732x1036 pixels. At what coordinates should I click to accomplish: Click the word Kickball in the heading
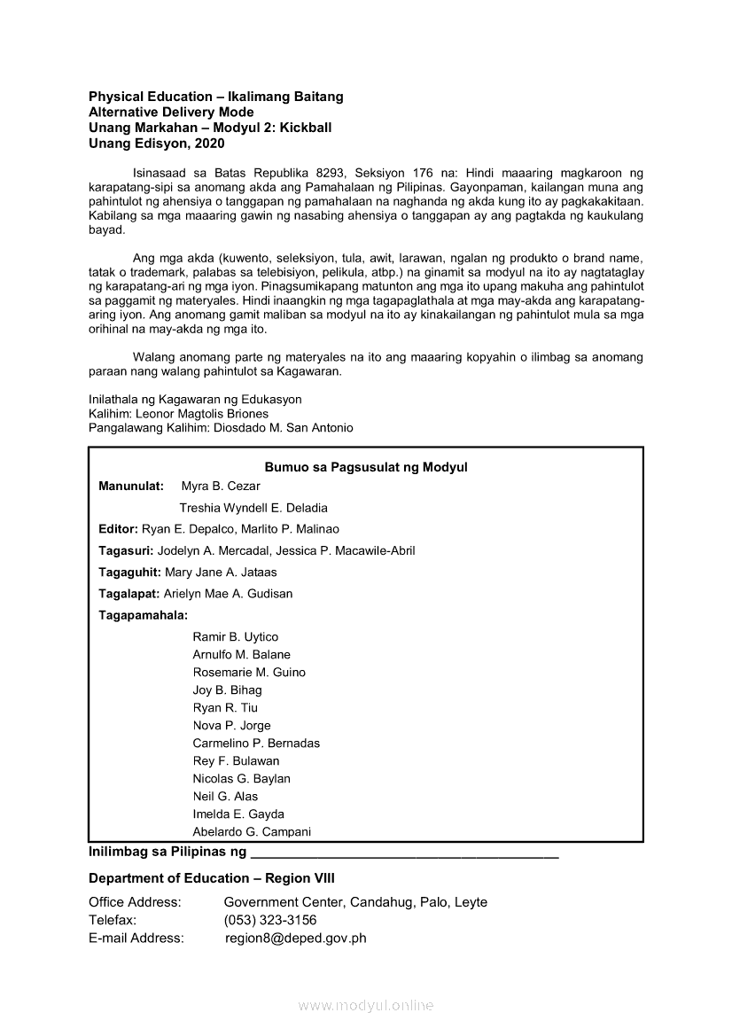tap(305, 128)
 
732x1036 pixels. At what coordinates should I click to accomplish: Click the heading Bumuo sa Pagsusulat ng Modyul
tap(365, 467)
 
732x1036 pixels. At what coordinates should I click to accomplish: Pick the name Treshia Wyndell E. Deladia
tap(253, 509)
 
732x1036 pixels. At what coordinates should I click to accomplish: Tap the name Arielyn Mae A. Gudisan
tap(228, 594)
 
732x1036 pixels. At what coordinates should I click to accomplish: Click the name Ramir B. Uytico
tap(235, 637)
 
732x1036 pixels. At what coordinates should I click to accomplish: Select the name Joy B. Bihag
tap(227, 690)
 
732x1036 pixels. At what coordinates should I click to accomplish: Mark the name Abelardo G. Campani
tap(252, 832)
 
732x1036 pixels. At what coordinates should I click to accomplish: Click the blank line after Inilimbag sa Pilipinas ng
tap(405, 854)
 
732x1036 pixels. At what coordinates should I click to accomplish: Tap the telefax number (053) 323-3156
tap(270, 920)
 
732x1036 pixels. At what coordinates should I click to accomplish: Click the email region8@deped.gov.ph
tap(296, 938)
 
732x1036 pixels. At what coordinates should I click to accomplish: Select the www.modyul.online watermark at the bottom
tap(366, 1006)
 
